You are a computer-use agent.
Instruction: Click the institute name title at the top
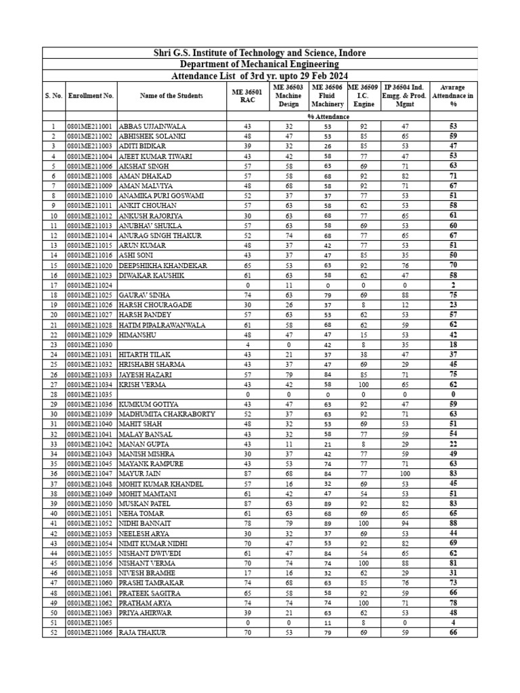(260, 53)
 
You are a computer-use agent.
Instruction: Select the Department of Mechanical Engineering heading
(260, 64)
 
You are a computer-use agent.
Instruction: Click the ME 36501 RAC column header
(247, 96)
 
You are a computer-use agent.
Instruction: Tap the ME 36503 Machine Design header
(288, 96)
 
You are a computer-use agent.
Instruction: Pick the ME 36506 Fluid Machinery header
(328, 96)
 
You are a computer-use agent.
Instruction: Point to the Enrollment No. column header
(91, 96)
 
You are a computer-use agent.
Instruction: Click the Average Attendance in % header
(453, 96)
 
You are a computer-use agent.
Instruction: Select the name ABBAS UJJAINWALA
(152, 127)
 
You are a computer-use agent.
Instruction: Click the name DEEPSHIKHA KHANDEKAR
(162, 265)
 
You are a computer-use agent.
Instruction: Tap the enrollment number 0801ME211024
(91, 286)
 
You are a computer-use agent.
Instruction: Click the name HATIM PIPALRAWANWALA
(162, 325)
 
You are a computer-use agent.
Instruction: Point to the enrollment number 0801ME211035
(91, 395)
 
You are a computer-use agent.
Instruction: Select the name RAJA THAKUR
(142, 633)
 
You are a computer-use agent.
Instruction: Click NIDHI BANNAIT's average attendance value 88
(453, 523)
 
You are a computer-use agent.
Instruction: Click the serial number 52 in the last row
(53, 633)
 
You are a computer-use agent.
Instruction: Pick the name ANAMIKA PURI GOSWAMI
(161, 196)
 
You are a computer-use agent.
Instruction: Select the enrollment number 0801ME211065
(91, 623)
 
